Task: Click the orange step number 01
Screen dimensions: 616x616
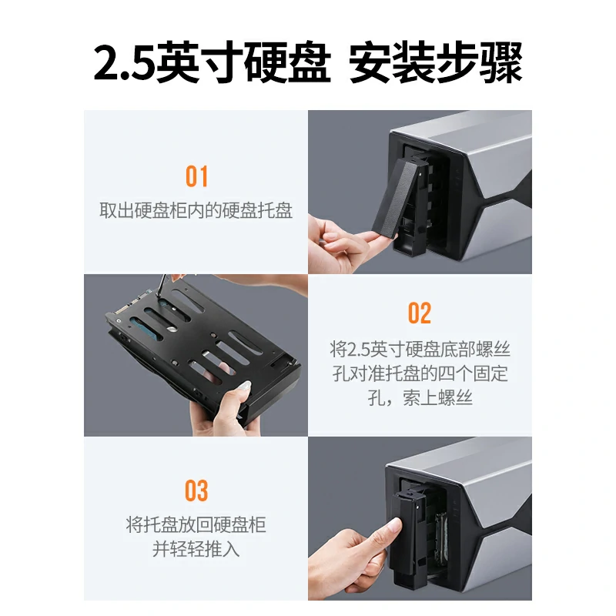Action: [x=196, y=176]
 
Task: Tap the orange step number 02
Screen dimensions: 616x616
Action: [x=420, y=313]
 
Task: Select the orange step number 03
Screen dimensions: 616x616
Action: [x=196, y=490]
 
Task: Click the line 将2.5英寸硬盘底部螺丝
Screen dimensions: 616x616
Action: [x=420, y=350]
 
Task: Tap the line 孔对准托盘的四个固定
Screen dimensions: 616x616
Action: [x=420, y=374]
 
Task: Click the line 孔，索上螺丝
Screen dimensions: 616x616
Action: [x=420, y=398]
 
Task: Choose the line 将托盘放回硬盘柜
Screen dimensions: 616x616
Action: [x=196, y=526]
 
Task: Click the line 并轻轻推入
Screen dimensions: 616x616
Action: [x=196, y=550]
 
